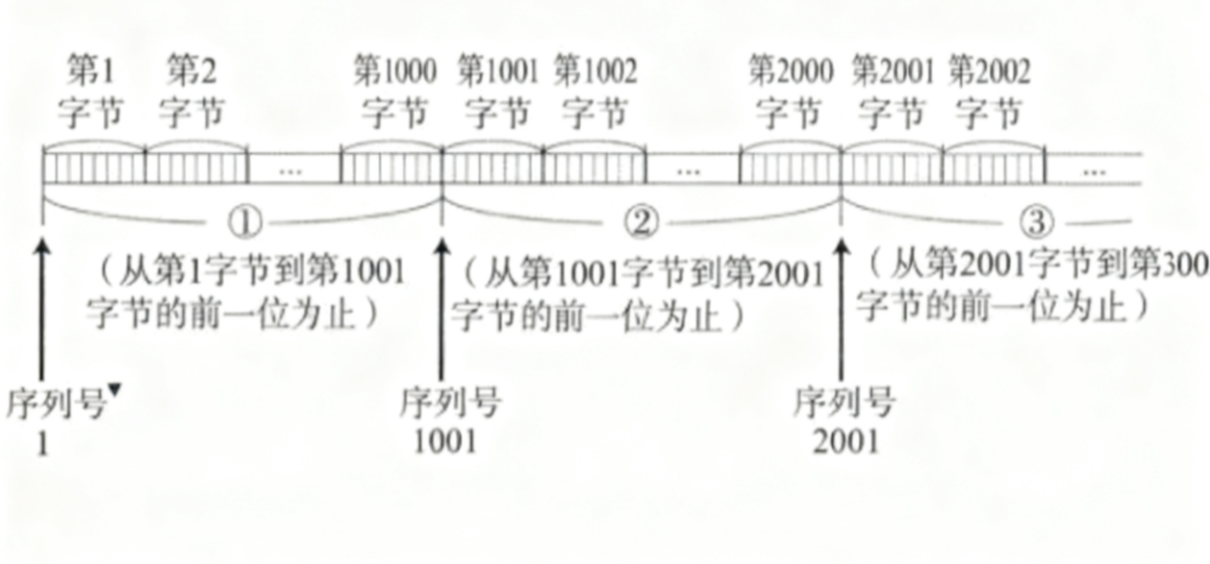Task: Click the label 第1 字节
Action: click(91, 92)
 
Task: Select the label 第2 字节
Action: click(192, 92)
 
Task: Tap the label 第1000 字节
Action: click(393, 92)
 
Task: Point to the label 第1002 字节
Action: click(594, 92)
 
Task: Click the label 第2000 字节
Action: click(790, 92)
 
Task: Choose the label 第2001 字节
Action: click(892, 92)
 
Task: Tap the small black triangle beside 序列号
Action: click(115, 389)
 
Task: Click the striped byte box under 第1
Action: click(93, 167)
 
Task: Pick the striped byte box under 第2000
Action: click(790, 167)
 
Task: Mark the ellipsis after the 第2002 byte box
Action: click(1093, 170)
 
